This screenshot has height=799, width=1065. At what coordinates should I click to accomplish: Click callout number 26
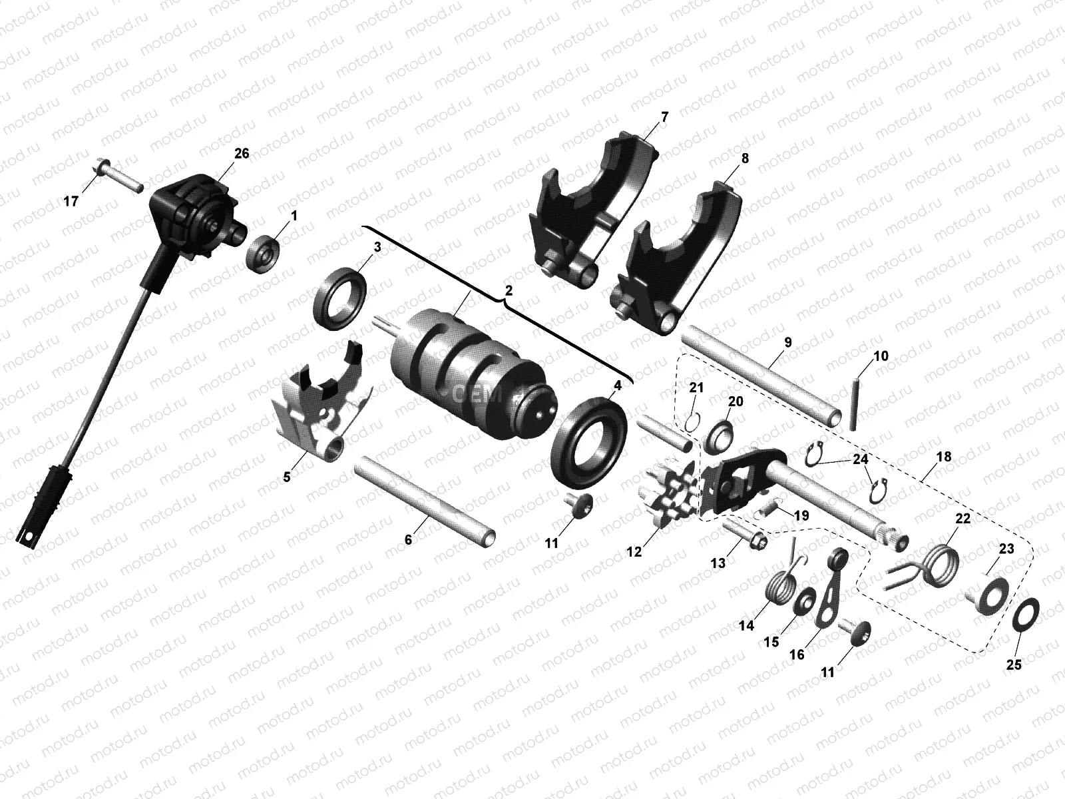click(241, 154)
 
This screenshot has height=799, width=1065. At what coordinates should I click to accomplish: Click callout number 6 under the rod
click(409, 540)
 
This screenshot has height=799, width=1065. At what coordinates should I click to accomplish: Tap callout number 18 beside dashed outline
click(943, 457)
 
